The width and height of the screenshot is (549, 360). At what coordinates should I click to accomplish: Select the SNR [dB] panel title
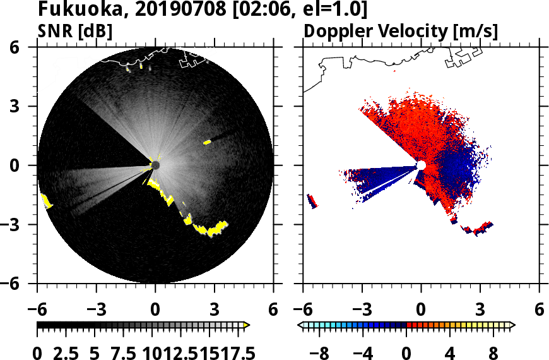75,31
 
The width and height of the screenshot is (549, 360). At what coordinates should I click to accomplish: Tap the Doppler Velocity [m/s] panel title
401,31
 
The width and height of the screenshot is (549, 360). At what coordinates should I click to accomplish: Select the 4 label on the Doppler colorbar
450,352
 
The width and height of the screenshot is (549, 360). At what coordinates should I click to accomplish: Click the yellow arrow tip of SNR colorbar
247,325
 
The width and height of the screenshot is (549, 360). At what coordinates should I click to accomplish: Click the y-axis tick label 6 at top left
30,47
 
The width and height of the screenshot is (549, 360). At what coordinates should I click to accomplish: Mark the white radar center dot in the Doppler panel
421,165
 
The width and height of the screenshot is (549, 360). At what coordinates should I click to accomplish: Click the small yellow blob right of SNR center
207,142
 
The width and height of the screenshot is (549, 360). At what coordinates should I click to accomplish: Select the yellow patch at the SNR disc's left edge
46,201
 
